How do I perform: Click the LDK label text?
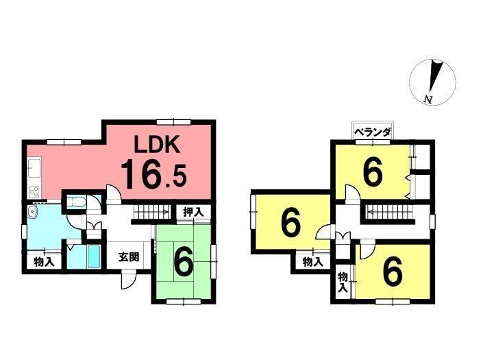(157, 145)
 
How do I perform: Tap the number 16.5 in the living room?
(153, 175)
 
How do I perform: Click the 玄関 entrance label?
(129, 257)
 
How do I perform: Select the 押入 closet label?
(193, 212)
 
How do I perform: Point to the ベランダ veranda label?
(373, 133)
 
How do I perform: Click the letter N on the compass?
(428, 99)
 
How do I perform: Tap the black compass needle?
(435, 76)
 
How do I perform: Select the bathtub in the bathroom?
(93, 256)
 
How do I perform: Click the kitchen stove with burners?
(34, 192)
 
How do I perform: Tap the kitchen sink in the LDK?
(34, 168)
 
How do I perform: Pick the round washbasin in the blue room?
(32, 211)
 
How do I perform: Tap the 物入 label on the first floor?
(44, 263)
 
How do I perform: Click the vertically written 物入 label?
(343, 283)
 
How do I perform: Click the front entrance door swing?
(128, 280)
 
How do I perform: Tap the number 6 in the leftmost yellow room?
(290, 223)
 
